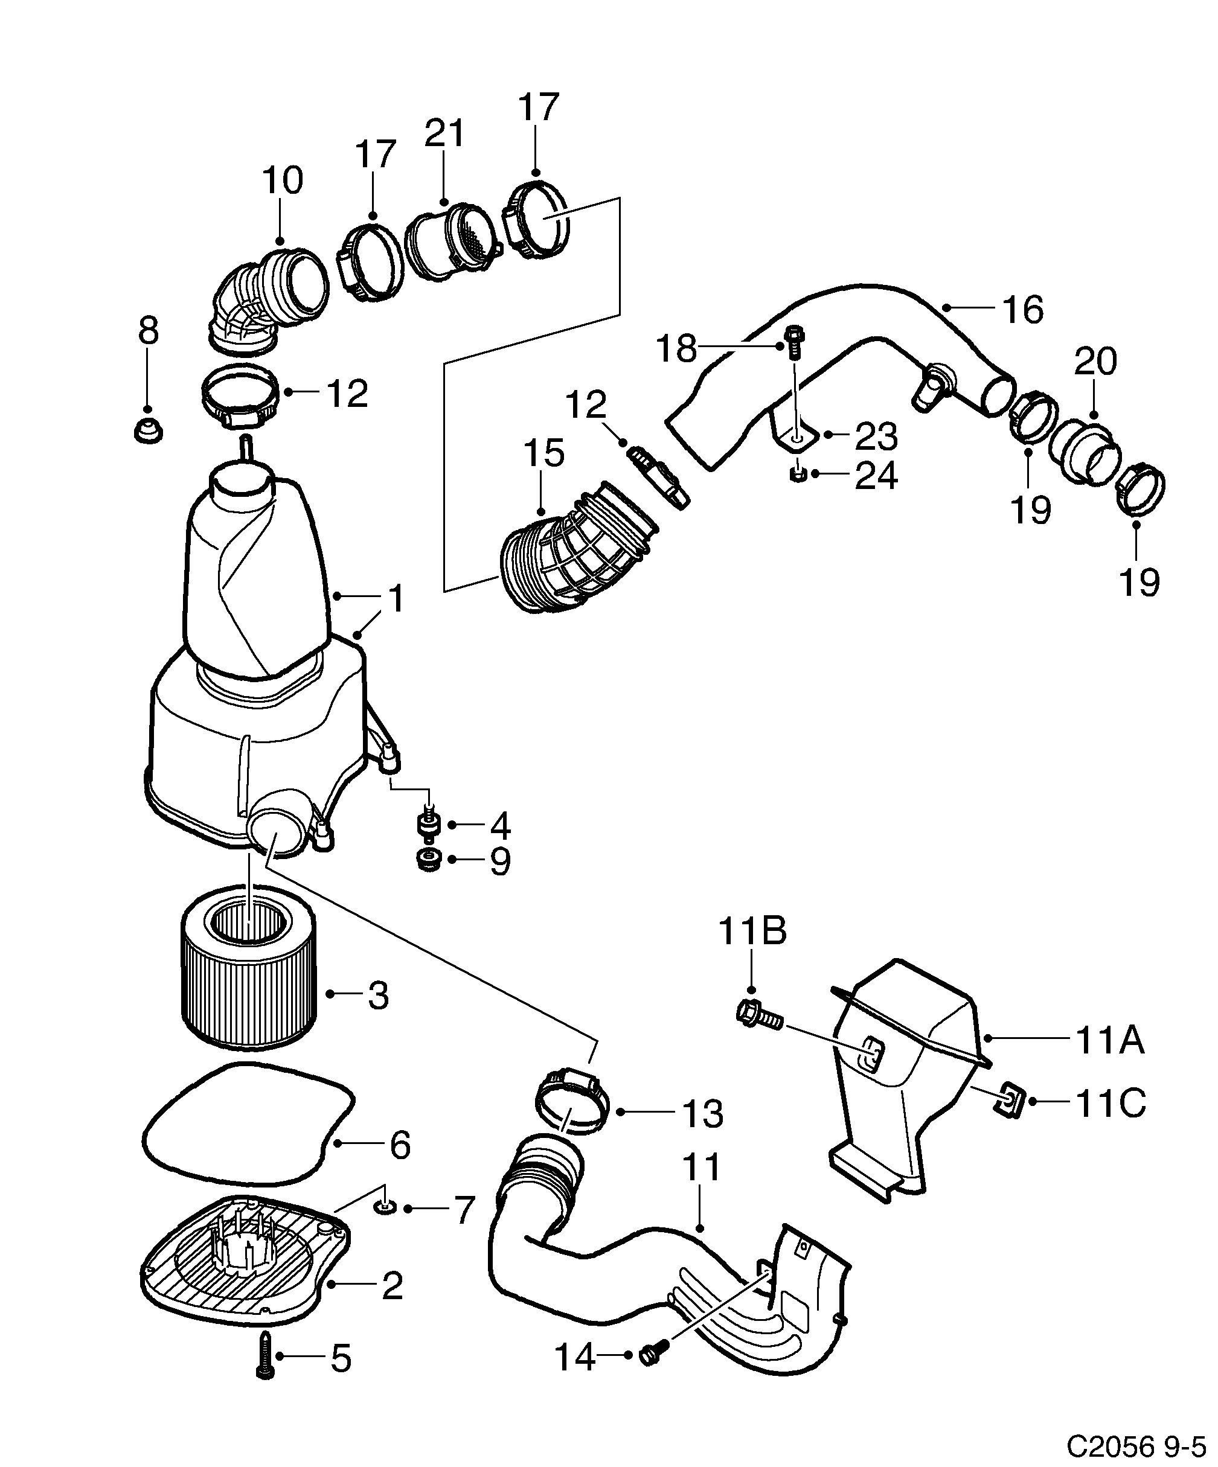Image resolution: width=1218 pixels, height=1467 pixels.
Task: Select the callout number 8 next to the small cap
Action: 148,330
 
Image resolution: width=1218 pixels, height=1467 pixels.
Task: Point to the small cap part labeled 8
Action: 147,431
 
